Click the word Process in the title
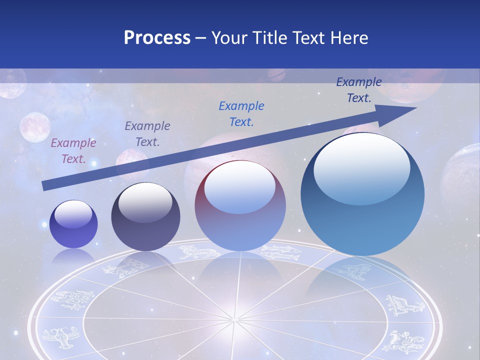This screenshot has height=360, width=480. [x=157, y=37]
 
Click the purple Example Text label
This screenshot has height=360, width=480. [x=73, y=151]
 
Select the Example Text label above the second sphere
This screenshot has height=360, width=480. [x=147, y=134]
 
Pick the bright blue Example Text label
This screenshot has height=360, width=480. [x=241, y=114]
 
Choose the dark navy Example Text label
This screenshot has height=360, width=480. [x=359, y=90]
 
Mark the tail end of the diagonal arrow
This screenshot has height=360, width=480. [x=45, y=186]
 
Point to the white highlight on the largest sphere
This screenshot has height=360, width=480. [x=362, y=167]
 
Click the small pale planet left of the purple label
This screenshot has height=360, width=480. [x=34, y=126]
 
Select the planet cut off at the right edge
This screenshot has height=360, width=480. [x=462, y=170]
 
